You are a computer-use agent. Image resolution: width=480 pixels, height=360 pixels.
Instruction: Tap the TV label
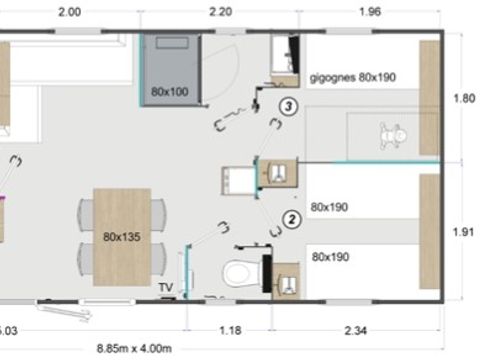click(x=165, y=288)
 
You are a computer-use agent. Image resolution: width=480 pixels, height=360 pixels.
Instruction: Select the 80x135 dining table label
click(x=121, y=237)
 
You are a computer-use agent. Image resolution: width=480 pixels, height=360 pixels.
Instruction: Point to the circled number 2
click(x=291, y=218)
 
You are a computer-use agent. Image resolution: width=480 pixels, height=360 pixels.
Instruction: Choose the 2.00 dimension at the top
click(x=69, y=13)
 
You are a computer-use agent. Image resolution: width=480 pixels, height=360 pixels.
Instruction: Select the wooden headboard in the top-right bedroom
click(x=430, y=97)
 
